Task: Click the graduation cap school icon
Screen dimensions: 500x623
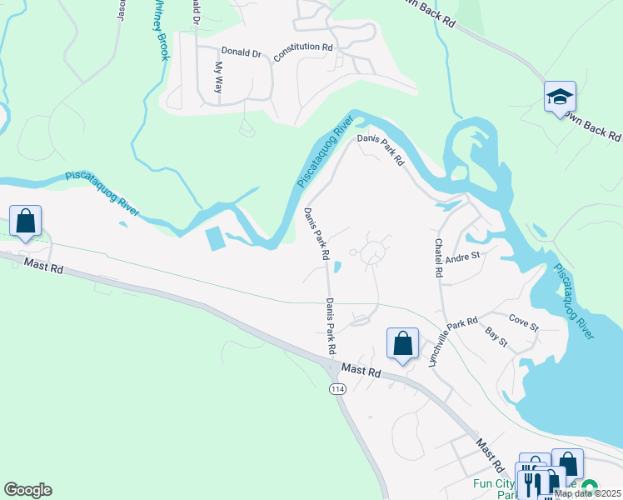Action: pyautogui.click(x=561, y=97)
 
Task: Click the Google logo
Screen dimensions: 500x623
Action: pyautogui.click(x=27, y=490)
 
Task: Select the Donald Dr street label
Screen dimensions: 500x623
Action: pyautogui.click(x=241, y=52)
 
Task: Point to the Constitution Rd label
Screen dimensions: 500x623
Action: pyautogui.click(x=303, y=47)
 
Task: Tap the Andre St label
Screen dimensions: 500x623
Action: pyautogui.click(x=464, y=257)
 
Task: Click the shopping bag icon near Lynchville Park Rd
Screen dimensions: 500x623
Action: pyautogui.click(x=402, y=343)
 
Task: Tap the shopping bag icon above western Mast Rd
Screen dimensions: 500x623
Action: pyautogui.click(x=25, y=222)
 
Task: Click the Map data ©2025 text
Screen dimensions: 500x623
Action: pyautogui.click(x=586, y=493)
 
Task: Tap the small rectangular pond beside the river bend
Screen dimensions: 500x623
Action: pyautogui.click(x=214, y=240)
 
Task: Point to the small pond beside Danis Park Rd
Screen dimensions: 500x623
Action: pyautogui.click(x=336, y=267)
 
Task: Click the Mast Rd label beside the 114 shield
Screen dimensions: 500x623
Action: pyautogui.click(x=361, y=371)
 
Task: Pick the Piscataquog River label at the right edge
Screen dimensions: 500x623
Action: pyautogui.click(x=574, y=301)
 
